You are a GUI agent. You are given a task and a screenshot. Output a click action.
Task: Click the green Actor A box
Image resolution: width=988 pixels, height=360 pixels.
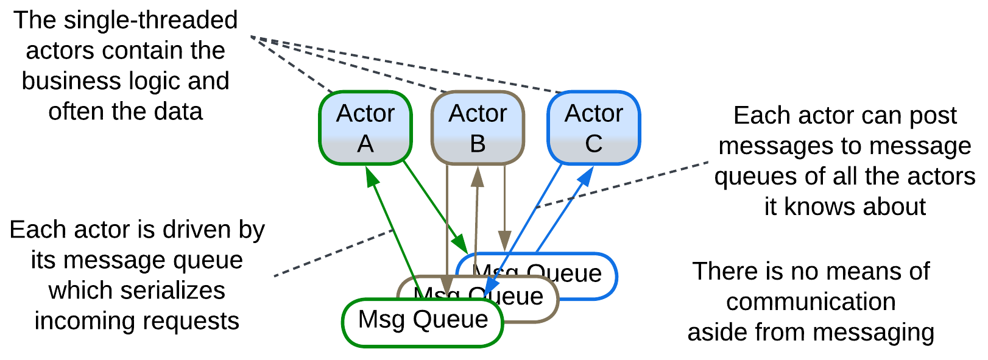[x=365, y=128]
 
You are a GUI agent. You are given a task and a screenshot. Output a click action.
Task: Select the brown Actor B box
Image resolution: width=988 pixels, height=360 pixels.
[x=478, y=128]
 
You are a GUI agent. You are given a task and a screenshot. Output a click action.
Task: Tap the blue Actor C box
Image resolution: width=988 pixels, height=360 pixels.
[x=594, y=128]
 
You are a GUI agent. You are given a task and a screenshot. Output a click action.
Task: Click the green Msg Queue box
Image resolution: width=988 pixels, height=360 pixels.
[x=423, y=323]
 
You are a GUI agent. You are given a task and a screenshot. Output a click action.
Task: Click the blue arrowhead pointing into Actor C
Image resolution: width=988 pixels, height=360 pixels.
[x=587, y=175]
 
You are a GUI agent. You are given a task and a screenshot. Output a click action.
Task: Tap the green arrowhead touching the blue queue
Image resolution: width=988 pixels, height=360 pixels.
[x=460, y=244]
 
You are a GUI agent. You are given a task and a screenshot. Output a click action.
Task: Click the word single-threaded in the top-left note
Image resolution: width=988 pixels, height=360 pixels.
[x=150, y=20]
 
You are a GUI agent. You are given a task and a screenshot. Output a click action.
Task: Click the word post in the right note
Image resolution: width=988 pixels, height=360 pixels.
[x=934, y=115]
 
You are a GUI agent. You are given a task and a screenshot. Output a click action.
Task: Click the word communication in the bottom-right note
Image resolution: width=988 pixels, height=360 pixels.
[x=811, y=302]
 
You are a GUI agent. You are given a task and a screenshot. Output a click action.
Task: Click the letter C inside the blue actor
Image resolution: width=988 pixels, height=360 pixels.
[x=594, y=144]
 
